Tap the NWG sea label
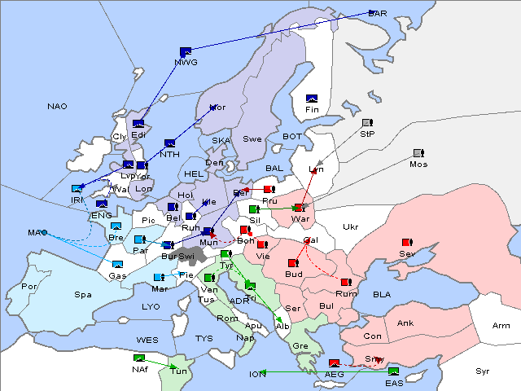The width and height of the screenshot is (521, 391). [186, 62]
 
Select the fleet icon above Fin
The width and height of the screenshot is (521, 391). [311, 99]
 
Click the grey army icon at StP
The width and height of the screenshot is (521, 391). [366, 123]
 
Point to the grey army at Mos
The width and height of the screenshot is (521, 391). [418, 153]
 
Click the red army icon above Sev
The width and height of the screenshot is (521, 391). [407, 243]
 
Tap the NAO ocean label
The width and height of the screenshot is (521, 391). [57, 107]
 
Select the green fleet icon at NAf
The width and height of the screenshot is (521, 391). [139, 358]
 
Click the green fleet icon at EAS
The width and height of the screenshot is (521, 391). [393, 371]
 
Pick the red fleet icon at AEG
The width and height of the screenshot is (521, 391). [334, 362]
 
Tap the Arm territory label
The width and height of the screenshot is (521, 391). [501, 326]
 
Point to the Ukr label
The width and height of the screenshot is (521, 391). [350, 226]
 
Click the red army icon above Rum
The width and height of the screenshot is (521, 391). [346, 283]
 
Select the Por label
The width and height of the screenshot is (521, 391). [29, 287]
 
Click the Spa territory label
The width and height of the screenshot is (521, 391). [82, 295]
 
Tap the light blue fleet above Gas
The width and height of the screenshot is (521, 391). [117, 265]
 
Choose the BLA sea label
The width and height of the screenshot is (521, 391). [382, 294]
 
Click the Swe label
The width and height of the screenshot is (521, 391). [252, 139]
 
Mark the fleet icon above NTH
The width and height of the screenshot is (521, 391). [169, 143]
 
